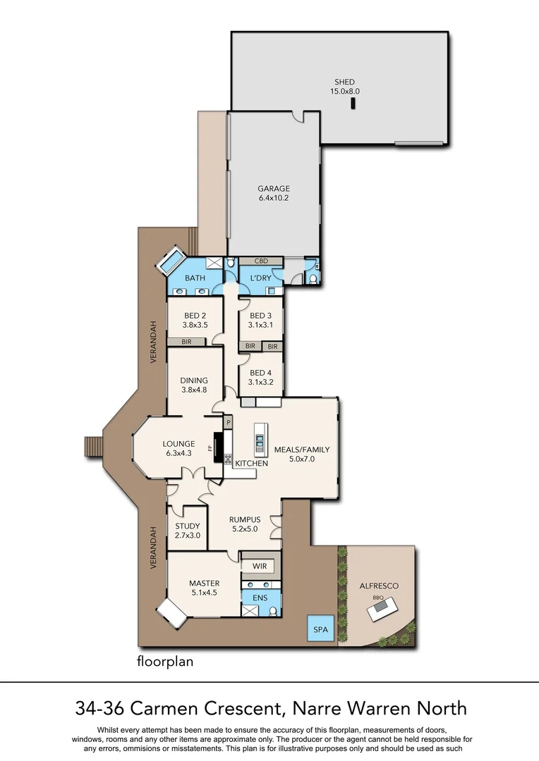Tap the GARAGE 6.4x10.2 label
[274, 193]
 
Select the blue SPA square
[320, 629]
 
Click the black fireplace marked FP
[219, 447]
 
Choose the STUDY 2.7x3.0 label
[188, 531]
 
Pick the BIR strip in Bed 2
[186, 342]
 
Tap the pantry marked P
[229, 422]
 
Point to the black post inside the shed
[353, 104]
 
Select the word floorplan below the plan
[164, 662]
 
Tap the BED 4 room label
[260, 378]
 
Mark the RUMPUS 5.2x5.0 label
[245, 524]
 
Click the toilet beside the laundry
[312, 277]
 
